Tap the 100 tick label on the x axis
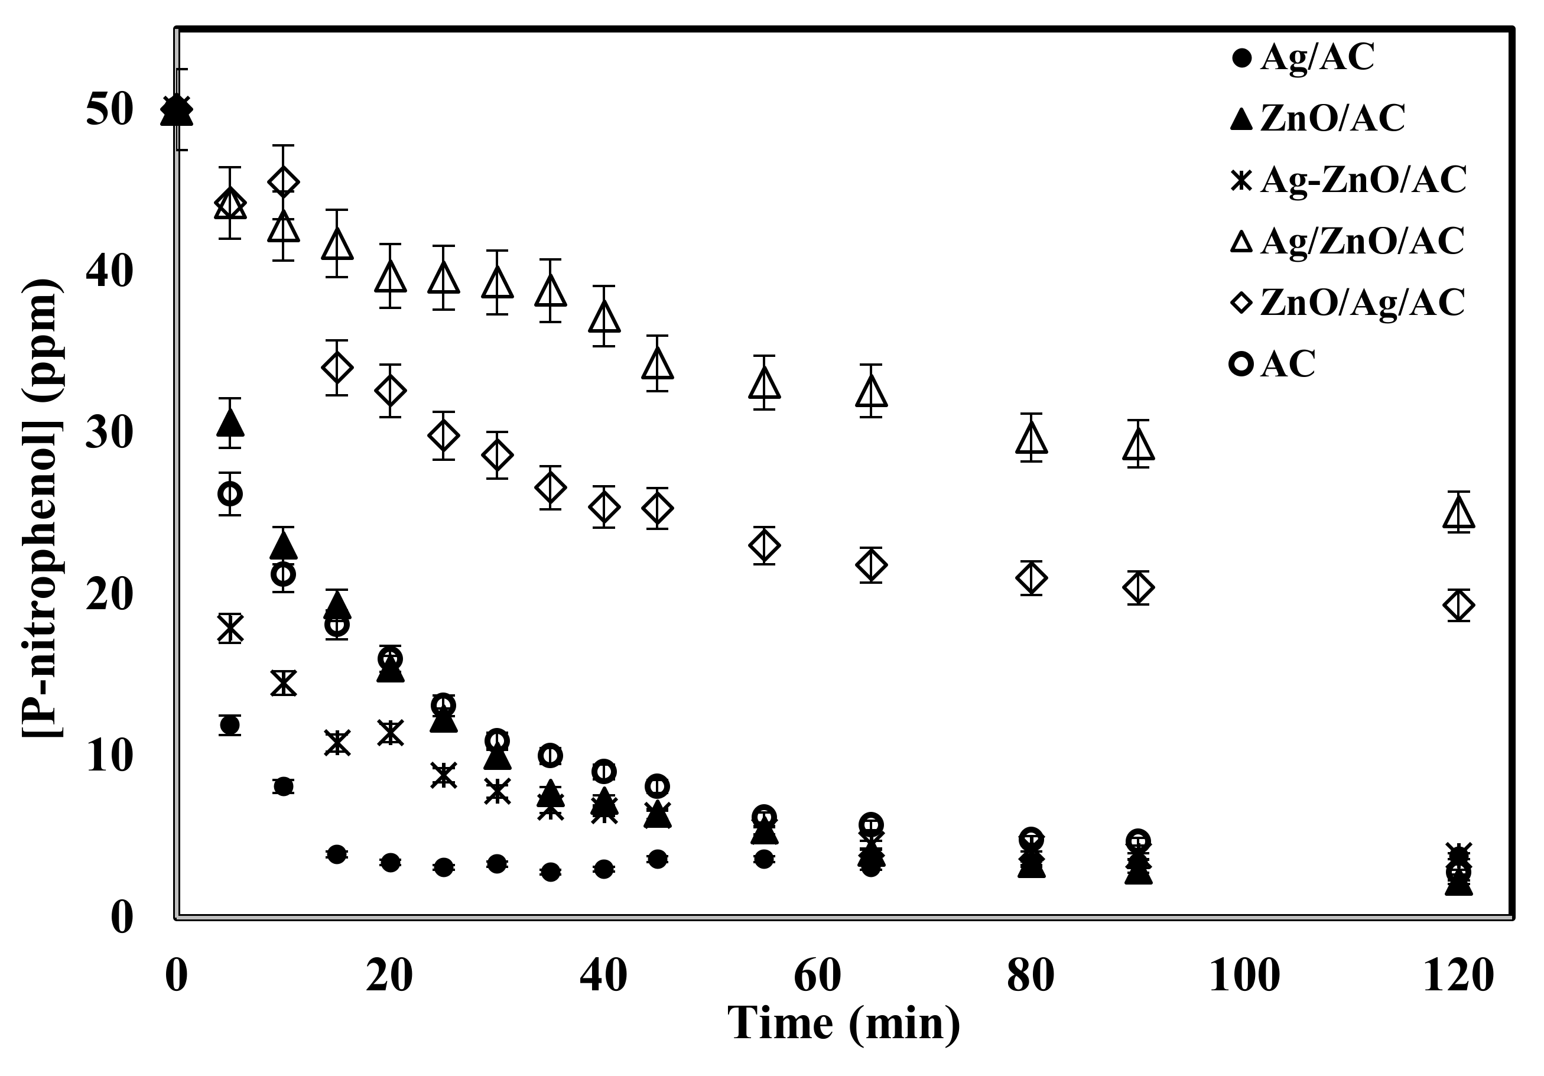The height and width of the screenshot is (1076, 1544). [1244, 974]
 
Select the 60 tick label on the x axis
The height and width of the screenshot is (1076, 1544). [817, 974]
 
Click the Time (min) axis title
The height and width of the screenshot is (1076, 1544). [844, 1023]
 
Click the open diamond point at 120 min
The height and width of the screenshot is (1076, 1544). [1458, 605]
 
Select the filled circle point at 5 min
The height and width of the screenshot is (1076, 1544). [230, 726]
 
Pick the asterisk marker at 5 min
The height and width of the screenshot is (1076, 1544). [230, 628]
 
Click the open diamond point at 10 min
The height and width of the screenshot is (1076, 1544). [284, 181]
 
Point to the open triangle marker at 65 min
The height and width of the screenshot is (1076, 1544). [871, 391]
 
